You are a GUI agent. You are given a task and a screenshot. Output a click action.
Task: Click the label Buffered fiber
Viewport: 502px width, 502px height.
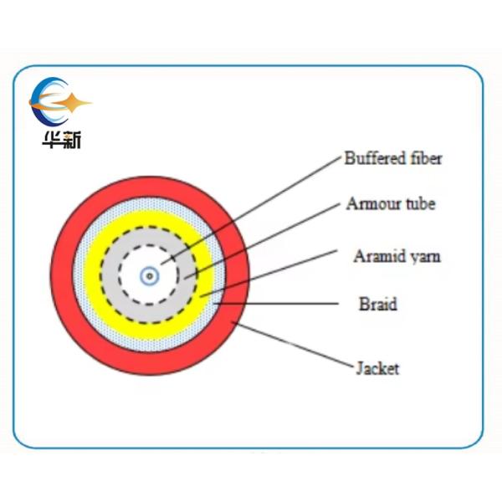[392, 158]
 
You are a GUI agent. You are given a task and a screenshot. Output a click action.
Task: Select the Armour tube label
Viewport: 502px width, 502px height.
[391, 203]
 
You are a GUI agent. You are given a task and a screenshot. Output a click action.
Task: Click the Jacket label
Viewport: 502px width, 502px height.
[377, 367]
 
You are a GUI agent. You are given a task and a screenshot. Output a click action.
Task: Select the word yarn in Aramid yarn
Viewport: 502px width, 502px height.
[423, 257]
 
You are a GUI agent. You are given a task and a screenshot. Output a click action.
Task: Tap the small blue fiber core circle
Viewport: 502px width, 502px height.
[149, 274]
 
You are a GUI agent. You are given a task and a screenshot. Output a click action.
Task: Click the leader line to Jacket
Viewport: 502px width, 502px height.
[293, 346]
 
